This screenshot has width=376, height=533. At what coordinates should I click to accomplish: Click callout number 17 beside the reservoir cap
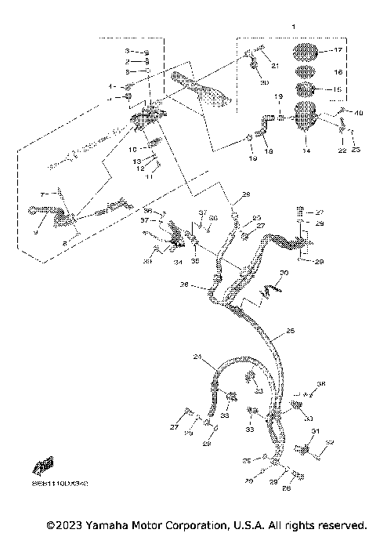point(338,50)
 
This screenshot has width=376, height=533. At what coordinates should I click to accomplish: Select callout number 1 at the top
point(292,26)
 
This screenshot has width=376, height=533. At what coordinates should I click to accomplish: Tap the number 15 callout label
point(338,90)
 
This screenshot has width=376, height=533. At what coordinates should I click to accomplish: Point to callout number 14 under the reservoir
point(306,150)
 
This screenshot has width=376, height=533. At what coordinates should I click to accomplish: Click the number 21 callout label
point(275,65)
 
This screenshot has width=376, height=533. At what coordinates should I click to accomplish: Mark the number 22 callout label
point(342,150)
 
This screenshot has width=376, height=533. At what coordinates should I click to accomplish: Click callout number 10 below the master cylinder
point(132,148)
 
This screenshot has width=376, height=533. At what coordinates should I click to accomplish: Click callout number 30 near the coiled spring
point(284,273)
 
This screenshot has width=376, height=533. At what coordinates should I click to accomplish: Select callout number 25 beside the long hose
point(290,332)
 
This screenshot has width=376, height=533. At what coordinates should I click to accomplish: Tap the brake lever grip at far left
point(43,208)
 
